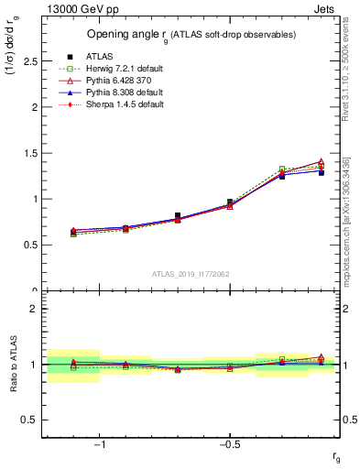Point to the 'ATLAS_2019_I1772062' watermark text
pos(191,273)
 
